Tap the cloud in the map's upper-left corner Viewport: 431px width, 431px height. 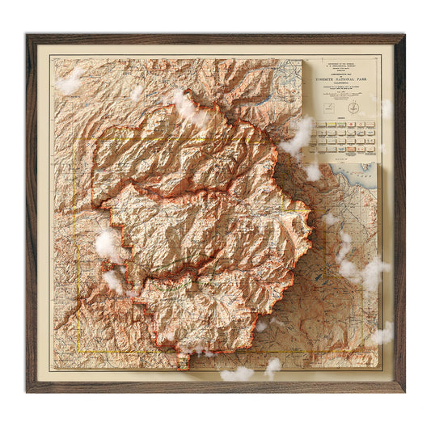[x=70, y=81]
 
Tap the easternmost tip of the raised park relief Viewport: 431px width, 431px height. [x=311, y=212]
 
